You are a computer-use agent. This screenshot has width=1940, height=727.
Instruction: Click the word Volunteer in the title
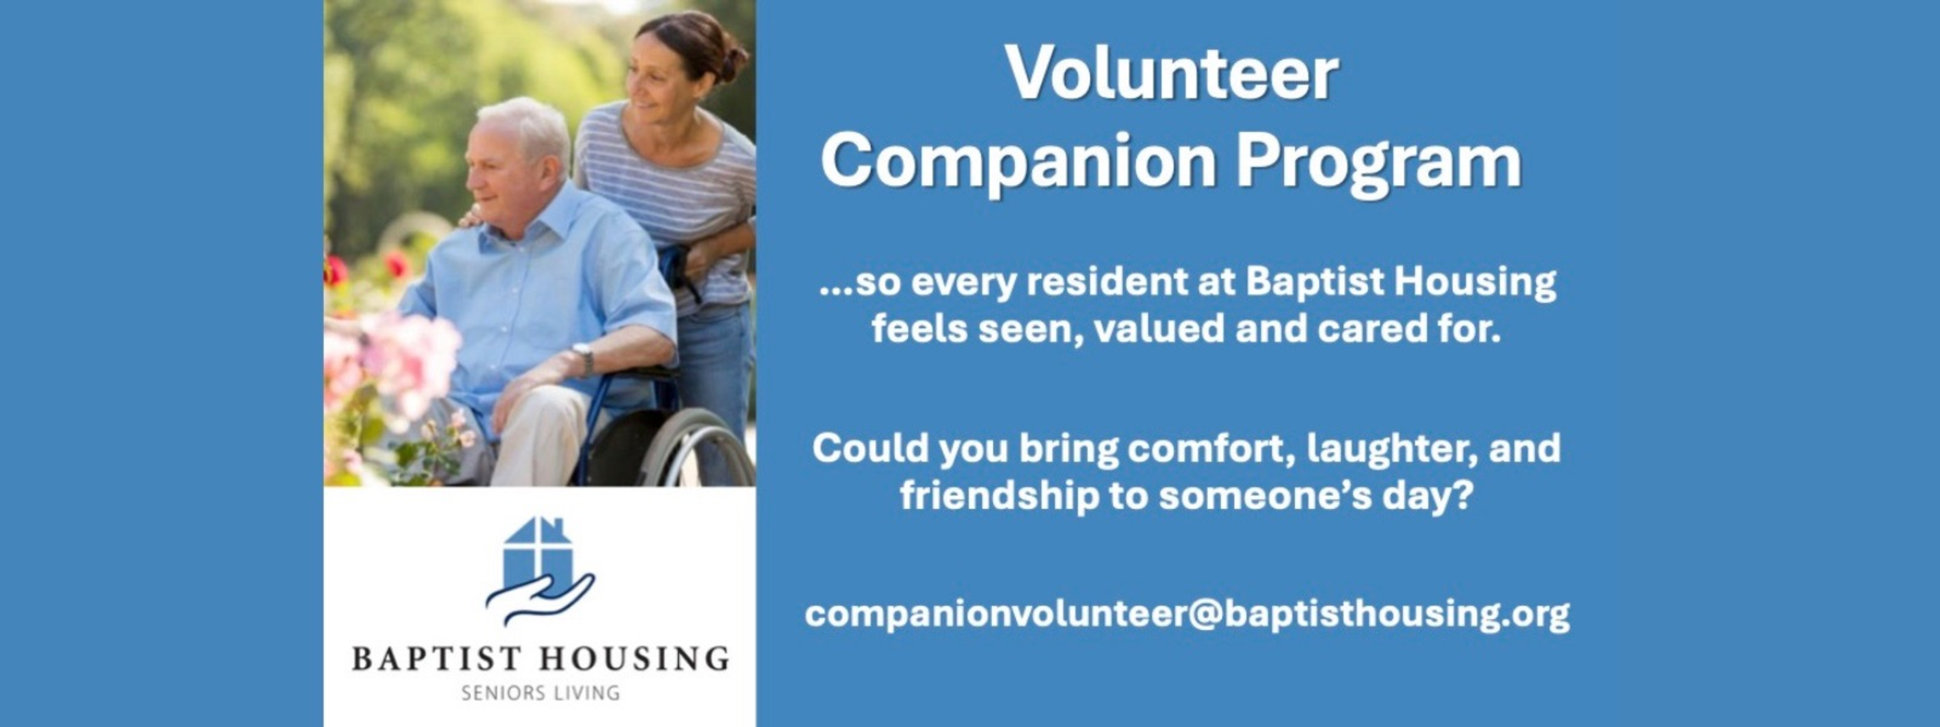[x=1171, y=74]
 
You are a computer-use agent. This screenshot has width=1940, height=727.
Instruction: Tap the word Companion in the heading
[x=1018, y=162]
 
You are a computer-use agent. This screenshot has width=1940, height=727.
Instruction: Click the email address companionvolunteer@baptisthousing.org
[x=1186, y=614]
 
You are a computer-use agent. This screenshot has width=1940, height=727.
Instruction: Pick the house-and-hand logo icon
[x=540, y=571]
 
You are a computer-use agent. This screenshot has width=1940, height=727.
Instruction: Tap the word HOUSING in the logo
[x=635, y=659]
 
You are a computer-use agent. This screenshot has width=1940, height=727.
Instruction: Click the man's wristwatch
[x=583, y=357]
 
